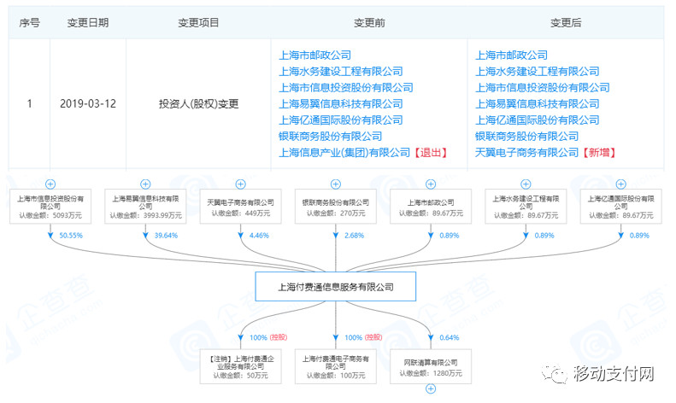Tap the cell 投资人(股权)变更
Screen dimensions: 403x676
tap(198, 104)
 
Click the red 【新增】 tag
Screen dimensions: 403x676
tap(600, 153)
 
